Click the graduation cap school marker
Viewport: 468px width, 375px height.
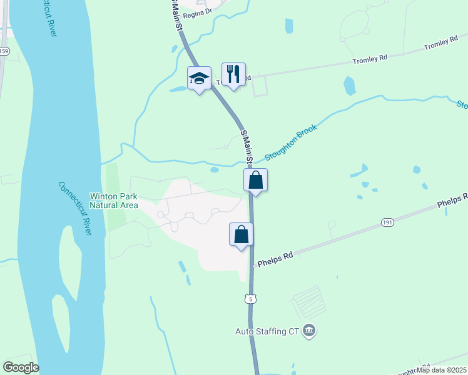tap(199, 78)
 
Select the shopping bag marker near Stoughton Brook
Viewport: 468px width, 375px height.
tap(255, 181)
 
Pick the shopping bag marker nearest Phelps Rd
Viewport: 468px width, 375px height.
tap(242, 235)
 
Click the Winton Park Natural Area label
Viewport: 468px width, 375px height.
tap(114, 200)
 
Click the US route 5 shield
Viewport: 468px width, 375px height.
tap(250, 299)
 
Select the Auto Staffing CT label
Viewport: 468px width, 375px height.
tap(268, 331)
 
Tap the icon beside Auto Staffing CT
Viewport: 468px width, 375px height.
tap(308, 330)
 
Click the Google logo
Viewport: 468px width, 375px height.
tap(20, 367)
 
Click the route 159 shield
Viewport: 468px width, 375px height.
tap(4, 51)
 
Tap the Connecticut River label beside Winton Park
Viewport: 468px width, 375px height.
tap(74, 208)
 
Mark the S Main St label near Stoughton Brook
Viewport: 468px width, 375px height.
tap(247, 147)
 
